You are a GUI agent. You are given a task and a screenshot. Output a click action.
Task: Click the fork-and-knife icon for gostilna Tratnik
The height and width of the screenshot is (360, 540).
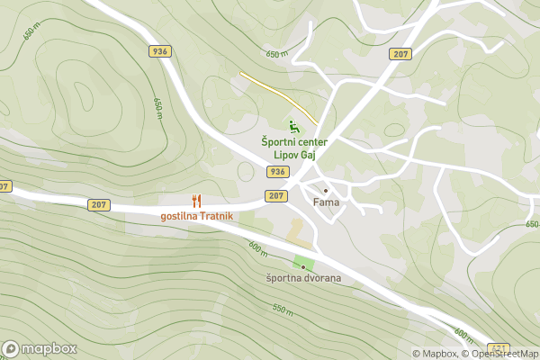coord(196,202)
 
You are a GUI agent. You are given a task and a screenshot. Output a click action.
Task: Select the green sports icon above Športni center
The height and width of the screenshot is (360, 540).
coord(292,127)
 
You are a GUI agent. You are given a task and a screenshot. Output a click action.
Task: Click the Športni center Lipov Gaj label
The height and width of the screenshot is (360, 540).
coord(293,148)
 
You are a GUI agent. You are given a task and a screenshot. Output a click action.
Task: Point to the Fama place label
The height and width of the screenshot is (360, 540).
coord(325,202)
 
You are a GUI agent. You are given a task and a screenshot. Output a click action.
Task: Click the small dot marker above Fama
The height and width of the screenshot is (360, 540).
coord(325,191)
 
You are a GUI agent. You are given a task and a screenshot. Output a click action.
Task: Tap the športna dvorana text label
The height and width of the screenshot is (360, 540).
coord(303,278)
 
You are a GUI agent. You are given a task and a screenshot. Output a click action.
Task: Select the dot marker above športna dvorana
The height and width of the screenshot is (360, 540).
coord(303,266)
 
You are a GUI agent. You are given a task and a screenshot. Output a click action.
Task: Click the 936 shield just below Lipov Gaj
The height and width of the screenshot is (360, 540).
coord(278,172)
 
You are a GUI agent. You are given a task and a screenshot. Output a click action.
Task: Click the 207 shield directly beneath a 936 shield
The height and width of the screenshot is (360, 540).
coord(276,195)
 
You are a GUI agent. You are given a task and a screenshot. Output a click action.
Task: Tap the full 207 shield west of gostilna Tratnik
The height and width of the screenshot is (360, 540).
coord(99,205)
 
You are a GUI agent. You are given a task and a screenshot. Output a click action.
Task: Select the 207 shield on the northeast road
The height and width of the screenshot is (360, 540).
coord(400,55)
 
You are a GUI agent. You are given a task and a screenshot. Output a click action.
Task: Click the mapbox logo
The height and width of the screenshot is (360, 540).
coord(40,348)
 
